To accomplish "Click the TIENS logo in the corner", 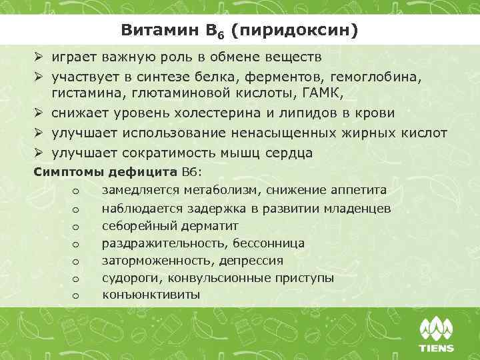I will (x=436, y=334).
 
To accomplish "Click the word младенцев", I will (x=359, y=209).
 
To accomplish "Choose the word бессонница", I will (x=269, y=243).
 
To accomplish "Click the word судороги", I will (x=132, y=278).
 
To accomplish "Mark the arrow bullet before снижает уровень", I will (x=39, y=113).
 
